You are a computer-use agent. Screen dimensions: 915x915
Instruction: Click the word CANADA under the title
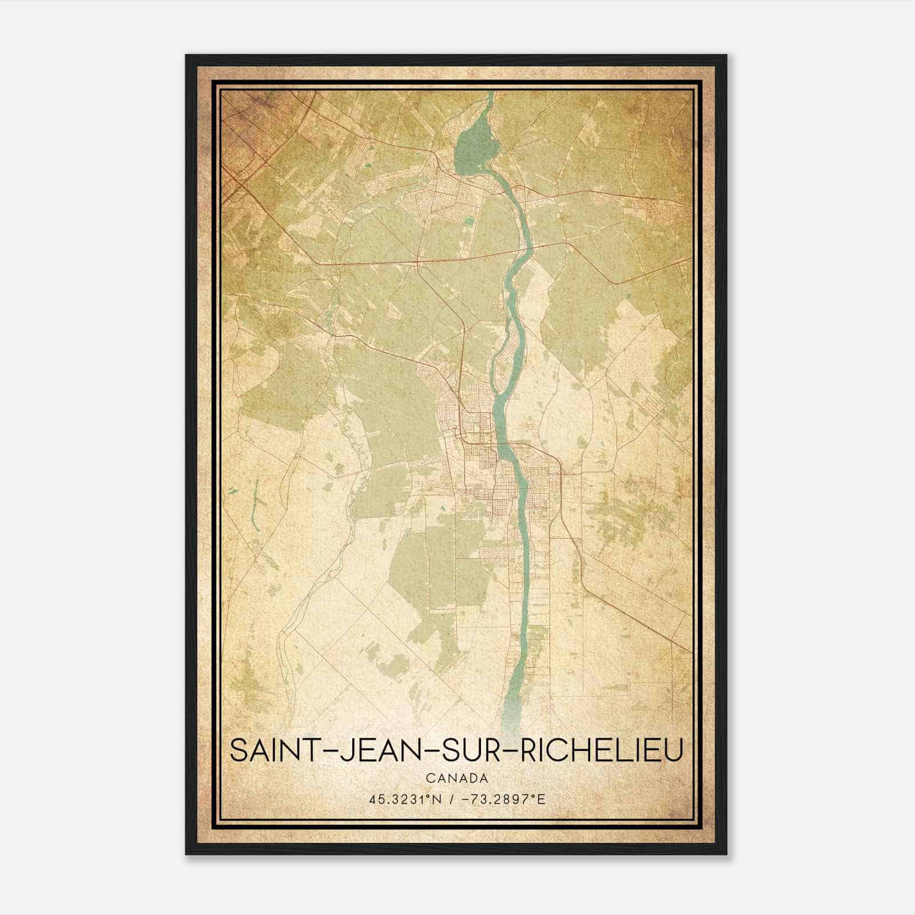[456, 778]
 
